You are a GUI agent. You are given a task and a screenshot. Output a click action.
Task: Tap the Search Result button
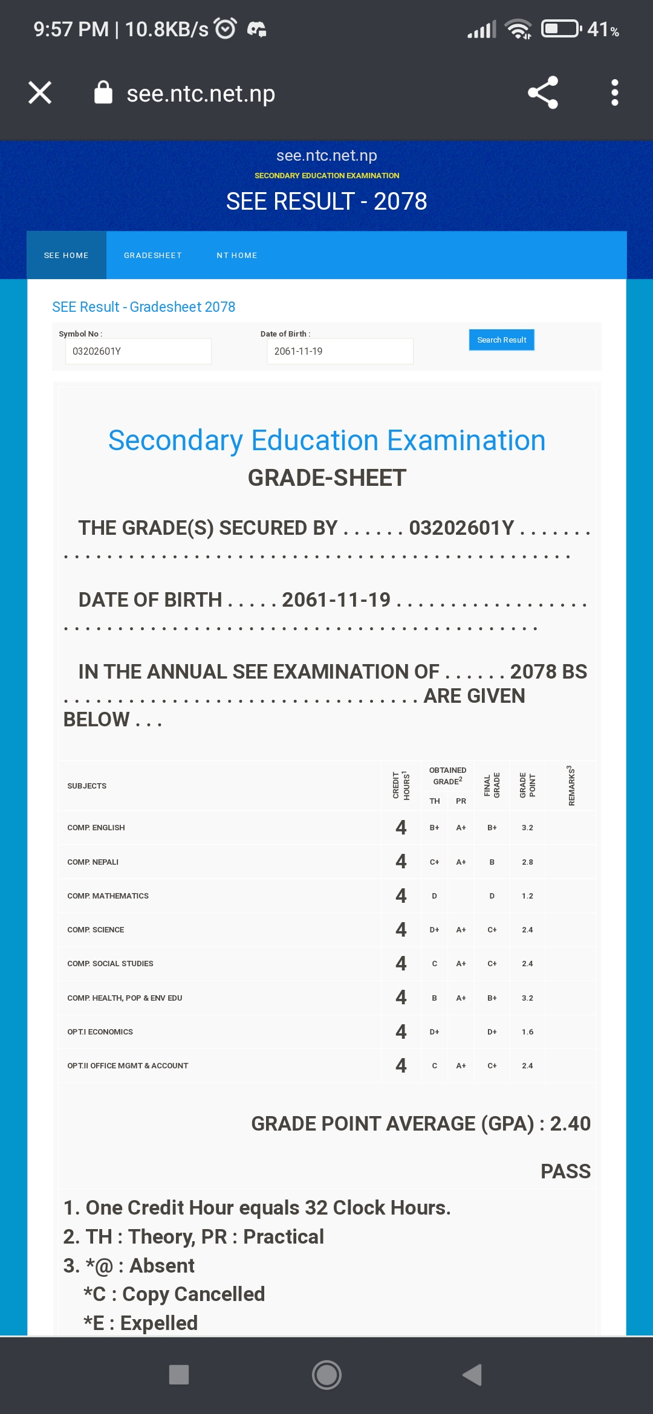tap(501, 340)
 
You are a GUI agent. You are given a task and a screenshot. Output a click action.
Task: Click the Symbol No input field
tap(138, 351)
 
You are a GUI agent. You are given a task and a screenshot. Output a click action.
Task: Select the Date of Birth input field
tap(340, 351)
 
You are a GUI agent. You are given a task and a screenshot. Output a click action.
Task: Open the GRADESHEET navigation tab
tap(153, 256)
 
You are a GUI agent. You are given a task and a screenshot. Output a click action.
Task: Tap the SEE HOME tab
tap(67, 256)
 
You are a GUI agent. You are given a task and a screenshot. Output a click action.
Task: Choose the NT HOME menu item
tap(237, 256)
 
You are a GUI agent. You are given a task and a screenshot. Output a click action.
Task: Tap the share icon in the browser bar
tap(542, 92)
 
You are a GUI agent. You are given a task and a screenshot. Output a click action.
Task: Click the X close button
tap(40, 92)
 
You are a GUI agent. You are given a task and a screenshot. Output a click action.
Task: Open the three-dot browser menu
tap(614, 92)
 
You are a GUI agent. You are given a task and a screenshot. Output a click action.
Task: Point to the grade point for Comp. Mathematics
tap(527, 896)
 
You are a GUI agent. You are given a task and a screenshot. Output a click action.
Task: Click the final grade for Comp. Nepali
tap(492, 862)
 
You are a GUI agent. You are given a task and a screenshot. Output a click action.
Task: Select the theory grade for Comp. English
tap(434, 828)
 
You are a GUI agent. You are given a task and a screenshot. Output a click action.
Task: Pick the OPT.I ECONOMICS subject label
tap(100, 1032)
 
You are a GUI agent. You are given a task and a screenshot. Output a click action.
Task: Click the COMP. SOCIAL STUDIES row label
tap(111, 964)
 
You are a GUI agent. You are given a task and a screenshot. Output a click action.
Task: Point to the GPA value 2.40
tap(570, 1124)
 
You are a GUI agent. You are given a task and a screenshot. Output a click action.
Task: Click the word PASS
tap(565, 1171)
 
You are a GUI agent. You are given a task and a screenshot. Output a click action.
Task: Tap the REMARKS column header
tap(571, 786)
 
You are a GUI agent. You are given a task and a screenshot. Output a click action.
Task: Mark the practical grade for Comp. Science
tap(461, 930)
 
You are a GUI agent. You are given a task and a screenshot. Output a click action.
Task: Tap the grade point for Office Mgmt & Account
tap(527, 1066)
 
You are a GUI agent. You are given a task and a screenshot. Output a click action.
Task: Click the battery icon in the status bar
tap(560, 28)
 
